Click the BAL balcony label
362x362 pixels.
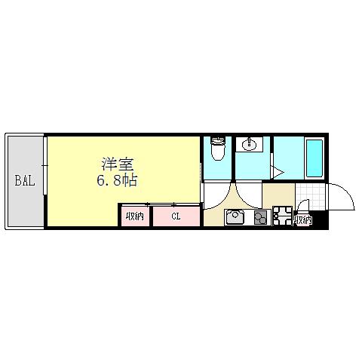(x=24, y=181)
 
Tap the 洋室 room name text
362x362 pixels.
(x=119, y=164)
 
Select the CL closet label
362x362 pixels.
(x=176, y=217)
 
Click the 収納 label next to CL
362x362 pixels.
(x=135, y=217)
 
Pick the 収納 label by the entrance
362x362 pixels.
(x=303, y=220)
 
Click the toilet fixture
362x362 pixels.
(x=218, y=149)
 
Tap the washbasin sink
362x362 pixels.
(x=249, y=145)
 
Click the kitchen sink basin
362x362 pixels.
(x=236, y=218)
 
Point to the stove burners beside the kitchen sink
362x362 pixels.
(x=260, y=218)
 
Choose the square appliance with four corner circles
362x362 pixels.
(x=284, y=216)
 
